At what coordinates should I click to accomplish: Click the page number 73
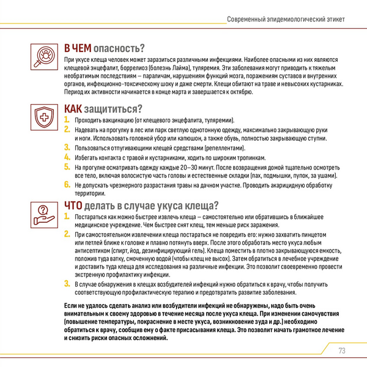click(341, 350)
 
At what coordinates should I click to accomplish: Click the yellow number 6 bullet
click(67, 183)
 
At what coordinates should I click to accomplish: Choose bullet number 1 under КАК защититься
click(67, 120)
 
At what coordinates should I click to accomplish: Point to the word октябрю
click(237, 92)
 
